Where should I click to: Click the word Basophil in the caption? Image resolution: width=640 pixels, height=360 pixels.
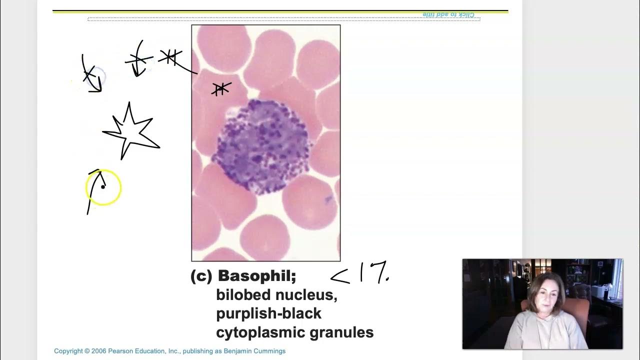(x=256, y=276)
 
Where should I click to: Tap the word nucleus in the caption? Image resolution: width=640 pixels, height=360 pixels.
(x=308, y=295)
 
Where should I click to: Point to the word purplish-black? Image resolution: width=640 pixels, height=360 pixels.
(x=268, y=313)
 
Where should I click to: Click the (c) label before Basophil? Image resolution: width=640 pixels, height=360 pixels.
(x=201, y=276)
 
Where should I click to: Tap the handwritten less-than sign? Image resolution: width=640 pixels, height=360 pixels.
(x=340, y=275)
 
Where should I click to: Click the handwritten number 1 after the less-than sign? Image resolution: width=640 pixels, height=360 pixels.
(x=361, y=273)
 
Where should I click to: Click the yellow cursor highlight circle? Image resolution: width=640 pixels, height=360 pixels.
(x=103, y=187)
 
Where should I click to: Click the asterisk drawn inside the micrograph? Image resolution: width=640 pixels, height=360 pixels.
(x=221, y=89)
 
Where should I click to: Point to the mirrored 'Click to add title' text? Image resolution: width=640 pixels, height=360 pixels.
(x=448, y=14)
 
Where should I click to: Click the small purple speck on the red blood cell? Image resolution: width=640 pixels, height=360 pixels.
(x=328, y=200)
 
